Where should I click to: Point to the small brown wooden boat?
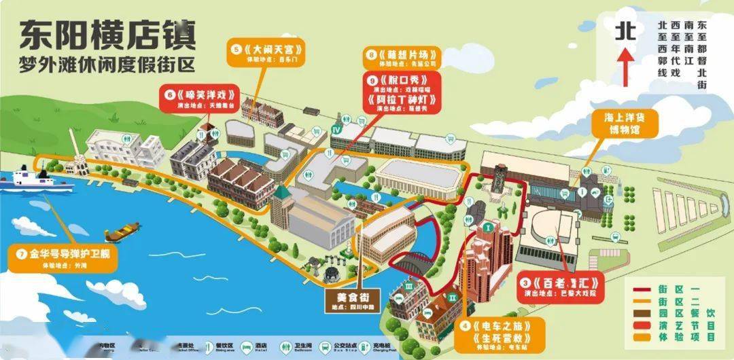tap(123, 232)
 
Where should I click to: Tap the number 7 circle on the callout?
tap(20, 255)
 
